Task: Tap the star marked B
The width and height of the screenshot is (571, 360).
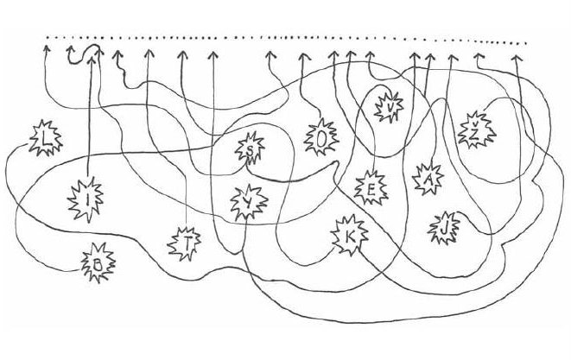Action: pyautogui.click(x=98, y=265)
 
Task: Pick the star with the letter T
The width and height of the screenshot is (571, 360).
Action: pyautogui.click(x=187, y=245)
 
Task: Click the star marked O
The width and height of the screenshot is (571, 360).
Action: pyautogui.click(x=320, y=136)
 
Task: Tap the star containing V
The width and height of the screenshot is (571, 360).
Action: pyautogui.click(x=391, y=106)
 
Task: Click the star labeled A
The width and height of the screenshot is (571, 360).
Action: pyautogui.click(x=427, y=178)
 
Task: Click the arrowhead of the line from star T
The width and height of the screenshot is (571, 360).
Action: pyautogui.click(x=181, y=54)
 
